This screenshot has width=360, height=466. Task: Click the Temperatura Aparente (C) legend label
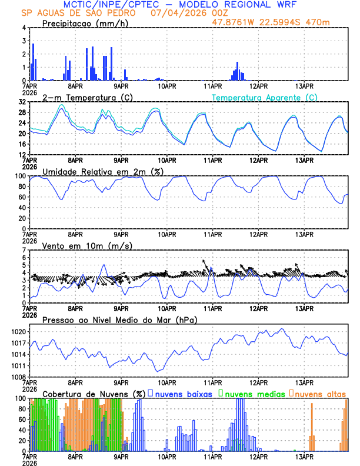(x=265, y=97)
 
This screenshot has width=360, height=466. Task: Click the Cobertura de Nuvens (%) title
(x=94, y=394)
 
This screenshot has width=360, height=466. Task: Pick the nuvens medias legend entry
(x=252, y=394)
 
